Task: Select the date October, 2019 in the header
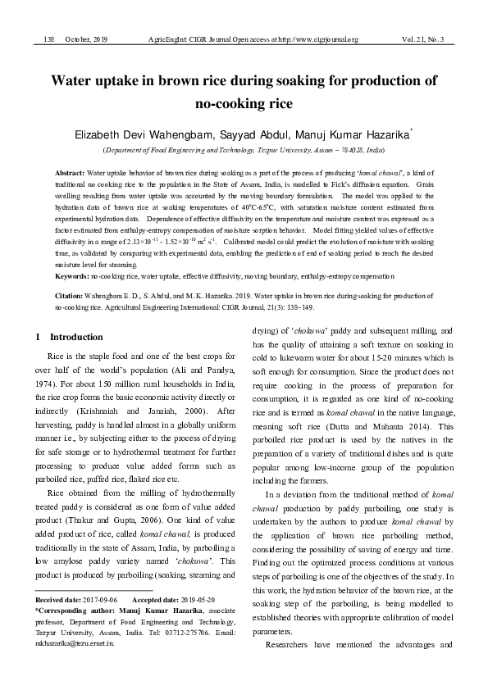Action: [x=86, y=39]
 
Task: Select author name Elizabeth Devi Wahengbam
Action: [x=144, y=134]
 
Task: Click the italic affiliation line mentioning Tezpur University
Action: [x=244, y=151]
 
